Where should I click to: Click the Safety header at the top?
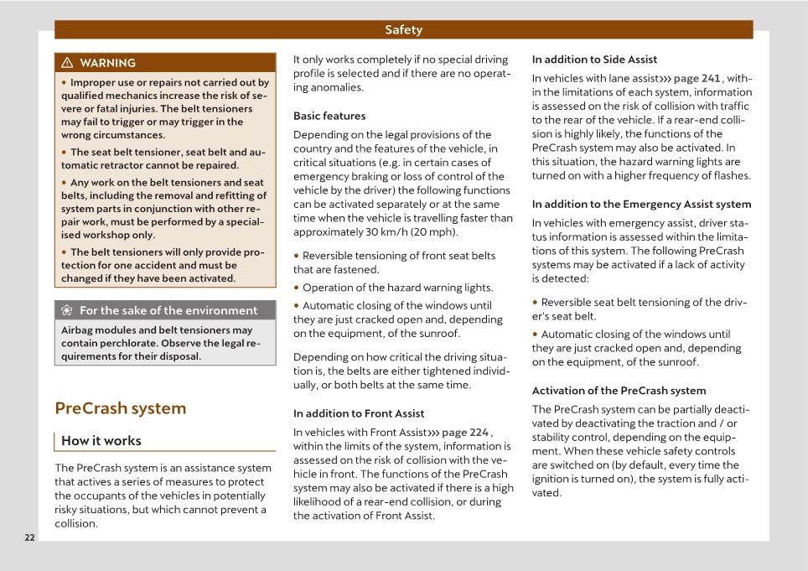coord(403,30)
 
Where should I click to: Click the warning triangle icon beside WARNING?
coord(67,63)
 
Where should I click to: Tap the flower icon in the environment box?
coord(67,311)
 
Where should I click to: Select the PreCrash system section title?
coord(120,408)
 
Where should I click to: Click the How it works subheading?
coord(101,441)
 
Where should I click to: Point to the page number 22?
coord(29,537)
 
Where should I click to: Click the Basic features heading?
coord(329,116)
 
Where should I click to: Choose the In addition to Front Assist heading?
coord(359,413)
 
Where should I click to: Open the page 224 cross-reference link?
coord(464,433)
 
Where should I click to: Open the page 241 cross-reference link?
coord(697,79)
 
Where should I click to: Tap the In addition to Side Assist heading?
coord(594,60)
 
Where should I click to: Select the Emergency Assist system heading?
coord(641,204)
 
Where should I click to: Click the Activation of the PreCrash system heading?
coord(619,391)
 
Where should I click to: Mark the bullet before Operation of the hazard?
coord(297,288)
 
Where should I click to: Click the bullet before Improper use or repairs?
coord(65,82)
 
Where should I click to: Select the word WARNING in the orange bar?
coord(107,63)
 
